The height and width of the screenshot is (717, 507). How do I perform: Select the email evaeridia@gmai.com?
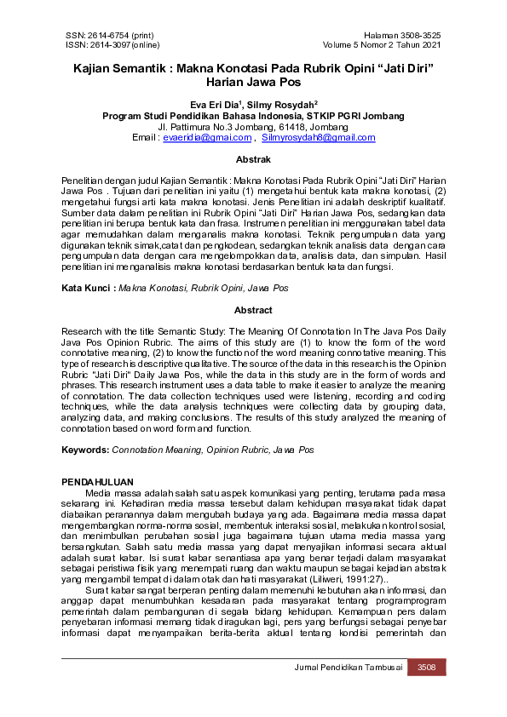click(x=207, y=136)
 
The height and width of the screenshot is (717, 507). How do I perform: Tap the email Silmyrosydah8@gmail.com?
click(x=307, y=136)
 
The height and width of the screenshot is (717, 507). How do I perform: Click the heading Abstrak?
click(x=253, y=159)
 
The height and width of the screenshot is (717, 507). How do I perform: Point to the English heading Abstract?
click(x=253, y=311)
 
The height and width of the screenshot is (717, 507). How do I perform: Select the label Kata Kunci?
click(x=88, y=289)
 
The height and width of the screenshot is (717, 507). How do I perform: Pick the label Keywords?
click(x=85, y=449)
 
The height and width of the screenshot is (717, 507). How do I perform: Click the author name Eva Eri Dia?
click(x=215, y=105)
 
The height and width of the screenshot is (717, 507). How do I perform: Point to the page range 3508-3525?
click(x=419, y=35)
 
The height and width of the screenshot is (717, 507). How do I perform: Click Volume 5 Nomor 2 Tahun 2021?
click(x=382, y=44)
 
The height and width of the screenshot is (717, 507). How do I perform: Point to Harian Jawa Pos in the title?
click(x=253, y=83)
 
